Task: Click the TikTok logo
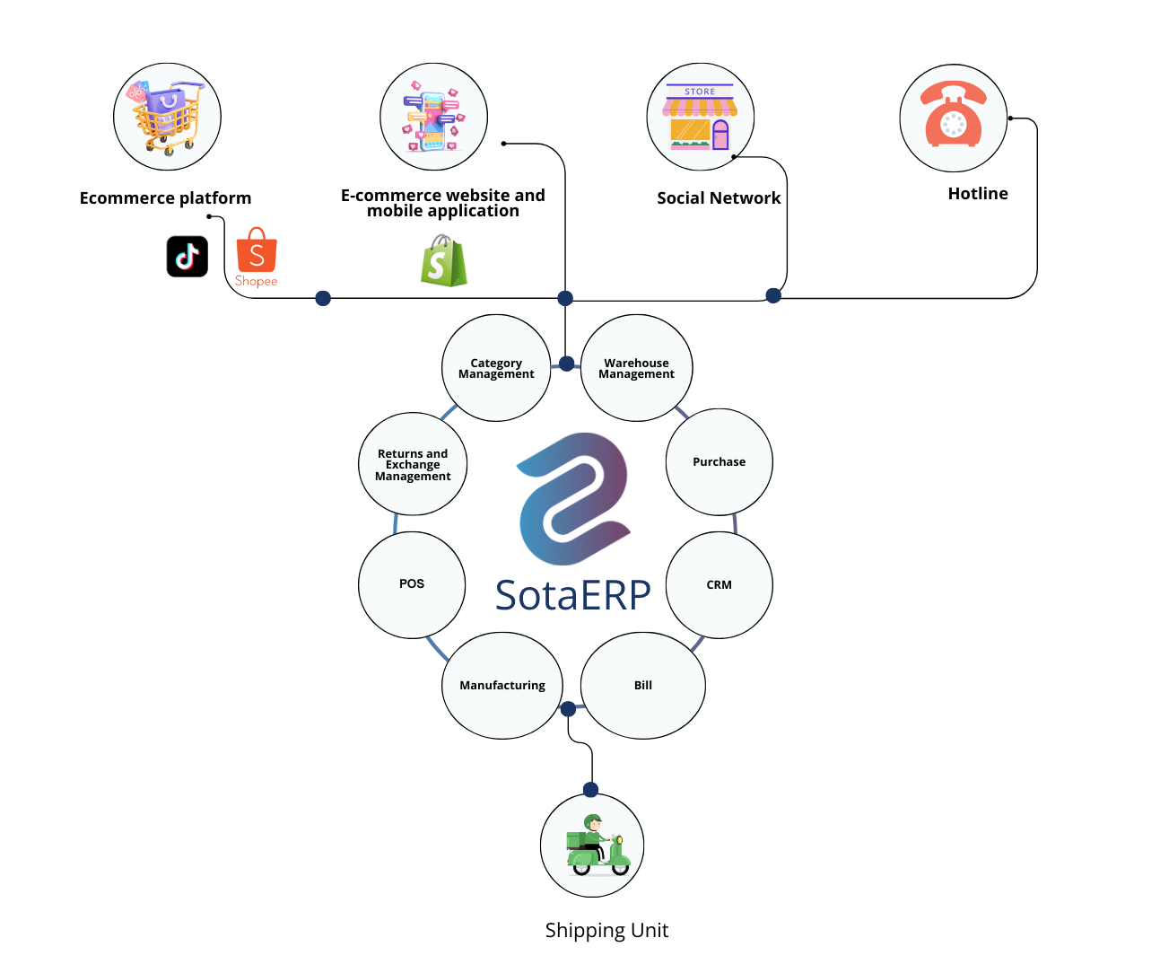188,257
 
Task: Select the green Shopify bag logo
444,261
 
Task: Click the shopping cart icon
167,117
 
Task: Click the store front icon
700,118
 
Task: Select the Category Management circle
496,368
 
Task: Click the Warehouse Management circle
637,368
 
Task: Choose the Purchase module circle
719,462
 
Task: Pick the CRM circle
719,585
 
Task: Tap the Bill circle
643,686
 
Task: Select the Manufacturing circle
502,686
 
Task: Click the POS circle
412,584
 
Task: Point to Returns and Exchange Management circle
413,465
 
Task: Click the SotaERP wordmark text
573,595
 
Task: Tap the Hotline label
978,194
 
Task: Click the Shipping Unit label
606,931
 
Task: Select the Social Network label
719,198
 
